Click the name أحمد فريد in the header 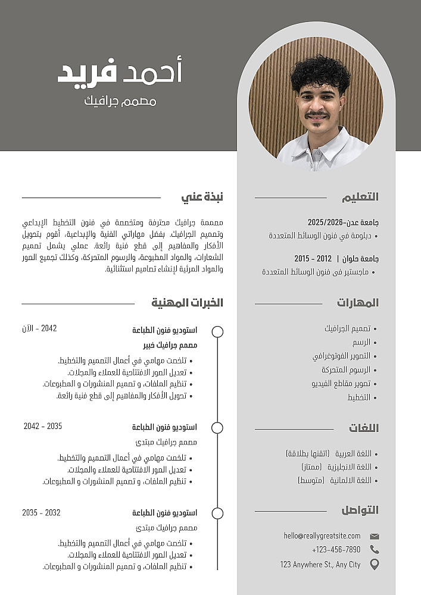[119, 71]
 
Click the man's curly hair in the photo [320, 73]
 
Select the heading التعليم [360, 197]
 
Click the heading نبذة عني [202, 197]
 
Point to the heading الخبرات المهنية [187, 303]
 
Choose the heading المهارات [358, 303]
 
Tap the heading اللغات [364, 428]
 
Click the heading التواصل [360, 510]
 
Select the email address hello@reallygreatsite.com [322, 536]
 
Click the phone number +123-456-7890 [336, 550]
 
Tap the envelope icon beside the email [375, 536]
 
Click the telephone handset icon [375, 550]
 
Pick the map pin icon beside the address [375, 564]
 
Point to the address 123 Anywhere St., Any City [320, 564]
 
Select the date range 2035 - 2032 [41, 512]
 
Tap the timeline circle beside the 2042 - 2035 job [217, 428]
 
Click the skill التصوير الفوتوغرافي [341, 356]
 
